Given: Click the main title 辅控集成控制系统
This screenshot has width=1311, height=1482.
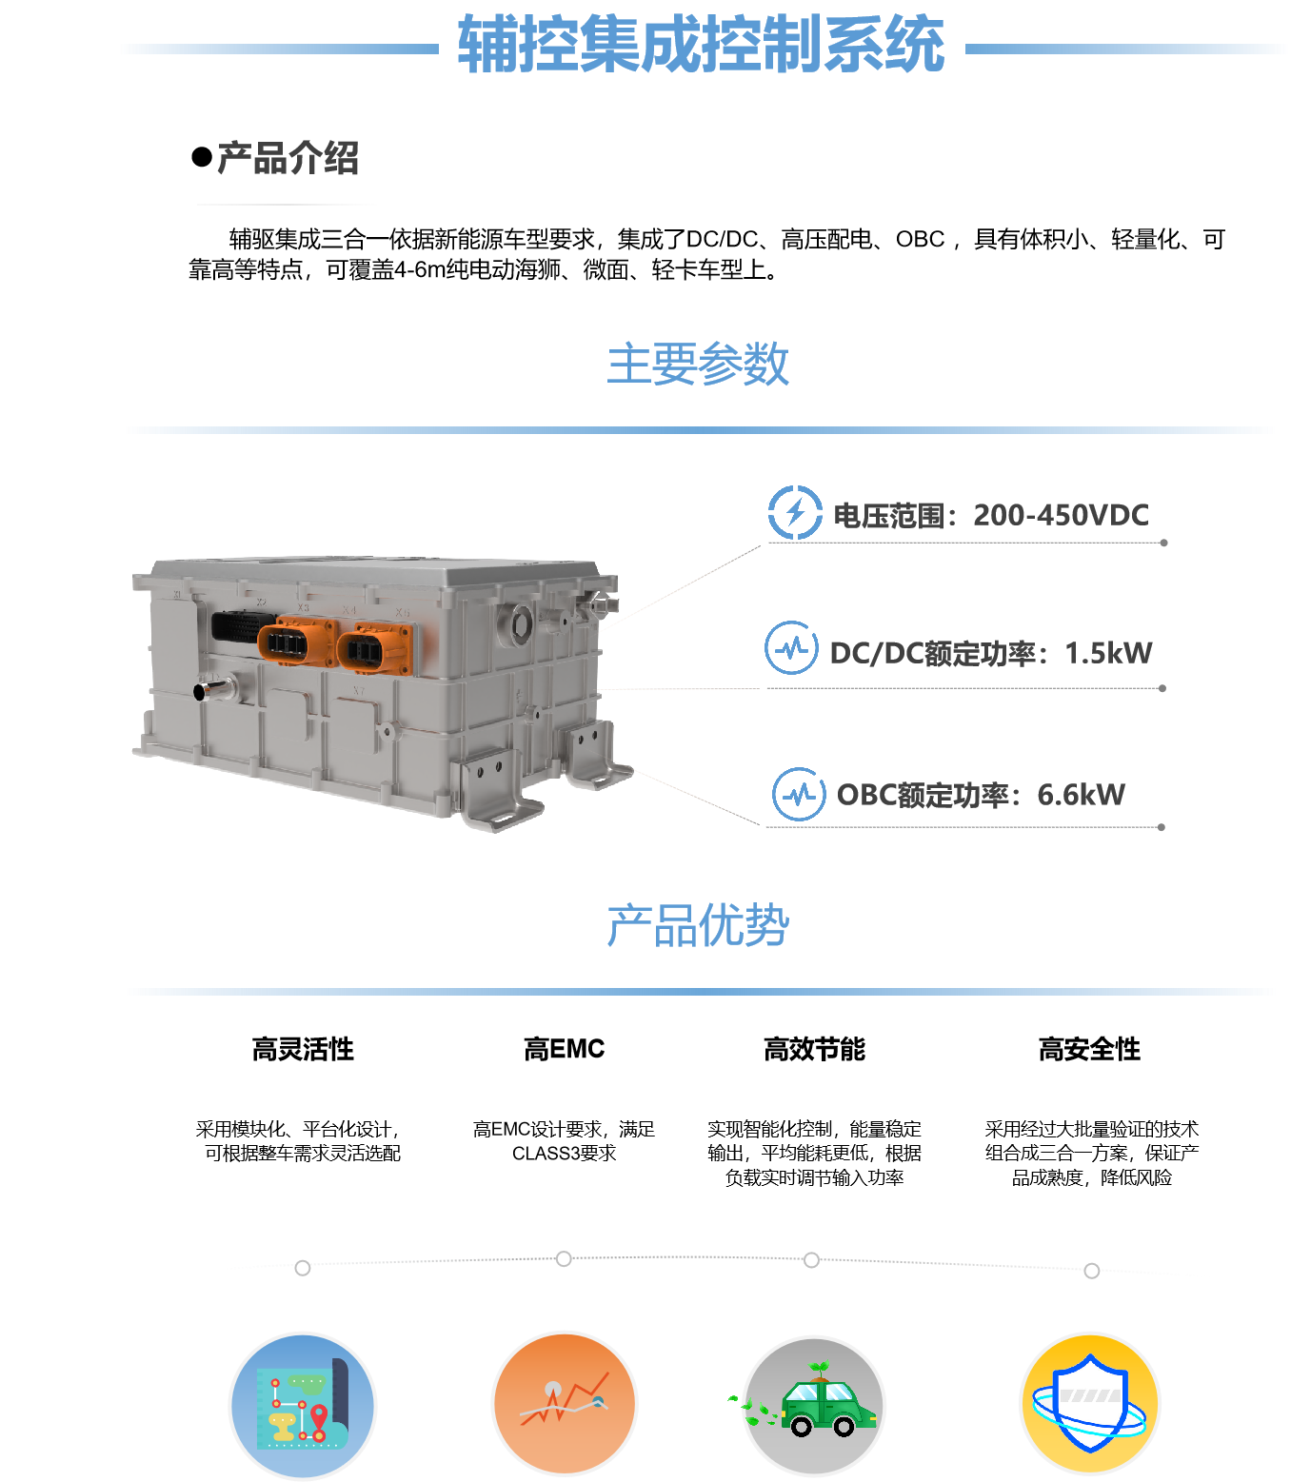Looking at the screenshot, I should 701,45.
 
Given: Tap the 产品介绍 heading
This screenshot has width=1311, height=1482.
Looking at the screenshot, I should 288,158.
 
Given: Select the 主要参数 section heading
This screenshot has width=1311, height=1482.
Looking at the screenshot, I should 698,364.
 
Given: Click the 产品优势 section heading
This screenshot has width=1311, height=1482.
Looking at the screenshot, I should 698,925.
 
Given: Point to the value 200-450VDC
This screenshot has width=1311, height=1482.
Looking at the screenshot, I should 1061,515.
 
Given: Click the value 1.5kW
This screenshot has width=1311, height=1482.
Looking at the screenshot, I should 1108,653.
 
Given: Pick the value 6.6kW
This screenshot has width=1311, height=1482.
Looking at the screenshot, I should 1081,795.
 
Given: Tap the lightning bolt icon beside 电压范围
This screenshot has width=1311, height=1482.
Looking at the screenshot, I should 795,512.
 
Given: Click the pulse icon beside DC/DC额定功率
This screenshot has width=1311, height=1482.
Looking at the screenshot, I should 791,648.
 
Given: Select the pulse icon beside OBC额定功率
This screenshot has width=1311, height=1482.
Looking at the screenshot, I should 799,794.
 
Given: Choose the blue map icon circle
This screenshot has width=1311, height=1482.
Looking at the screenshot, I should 303,1406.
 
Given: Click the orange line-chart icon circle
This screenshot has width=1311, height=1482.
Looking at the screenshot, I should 565,1403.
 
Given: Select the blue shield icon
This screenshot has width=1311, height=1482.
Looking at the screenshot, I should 1089,1403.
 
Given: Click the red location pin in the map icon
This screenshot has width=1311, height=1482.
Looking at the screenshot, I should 319,1416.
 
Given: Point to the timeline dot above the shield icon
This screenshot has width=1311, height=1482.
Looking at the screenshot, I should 1092,1271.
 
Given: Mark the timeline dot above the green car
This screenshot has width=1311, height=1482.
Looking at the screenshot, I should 811,1260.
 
